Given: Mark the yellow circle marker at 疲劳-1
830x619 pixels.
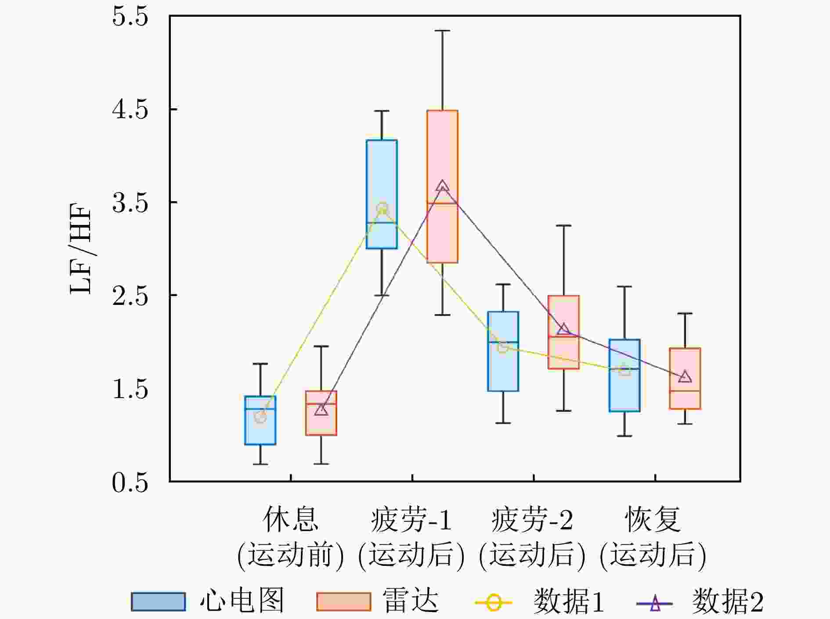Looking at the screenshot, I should point(383,209).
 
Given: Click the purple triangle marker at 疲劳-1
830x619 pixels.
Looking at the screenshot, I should point(443,186).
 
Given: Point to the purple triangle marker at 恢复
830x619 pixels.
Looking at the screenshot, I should point(685,377).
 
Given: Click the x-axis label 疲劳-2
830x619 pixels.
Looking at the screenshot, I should point(532,520).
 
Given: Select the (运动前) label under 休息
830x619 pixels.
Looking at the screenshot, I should point(290,555).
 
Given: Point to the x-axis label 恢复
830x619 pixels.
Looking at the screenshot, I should point(653,520).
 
